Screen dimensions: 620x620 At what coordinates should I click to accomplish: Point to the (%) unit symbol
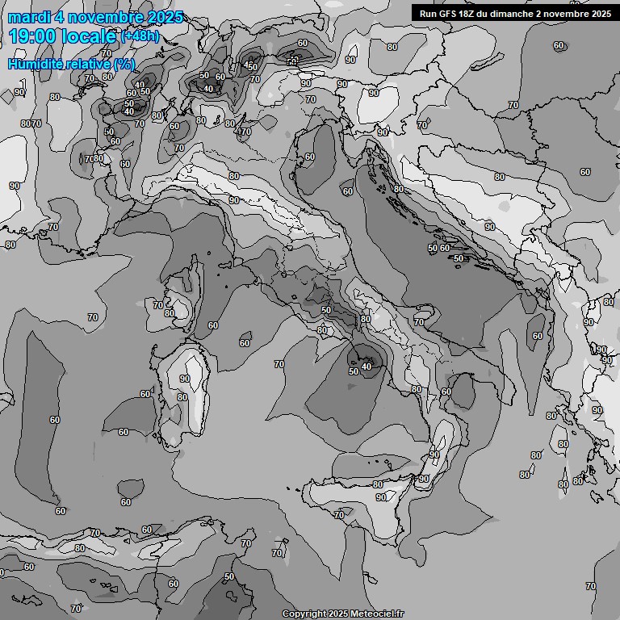coord(124,64)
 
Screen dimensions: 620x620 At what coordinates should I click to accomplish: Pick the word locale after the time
coord(91,36)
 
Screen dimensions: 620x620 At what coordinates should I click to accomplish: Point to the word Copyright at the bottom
coord(304,614)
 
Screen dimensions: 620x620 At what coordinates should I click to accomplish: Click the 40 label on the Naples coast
coord(367,367)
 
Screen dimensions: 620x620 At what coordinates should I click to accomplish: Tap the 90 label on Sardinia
coord(185,379)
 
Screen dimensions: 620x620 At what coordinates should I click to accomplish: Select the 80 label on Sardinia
coord(182,397)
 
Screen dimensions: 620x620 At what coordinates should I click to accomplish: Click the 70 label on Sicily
coord(339,514)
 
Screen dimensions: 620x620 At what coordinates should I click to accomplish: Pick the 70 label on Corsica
coord(158,304)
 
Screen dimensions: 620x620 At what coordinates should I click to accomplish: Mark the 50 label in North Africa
coord(229,576)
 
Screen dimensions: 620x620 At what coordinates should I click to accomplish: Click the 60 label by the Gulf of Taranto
coord(446,392)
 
